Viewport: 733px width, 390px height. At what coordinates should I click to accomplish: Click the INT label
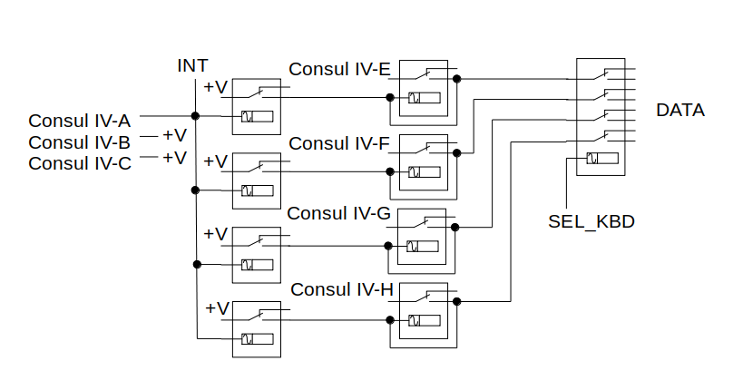point(192,65)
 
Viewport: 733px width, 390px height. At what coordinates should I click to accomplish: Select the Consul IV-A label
point(80,121)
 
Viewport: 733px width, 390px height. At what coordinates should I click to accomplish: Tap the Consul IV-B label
point(80,142)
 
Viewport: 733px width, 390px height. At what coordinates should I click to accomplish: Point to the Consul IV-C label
point(80,163)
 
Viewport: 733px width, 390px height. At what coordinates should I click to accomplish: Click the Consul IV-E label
point(340,69)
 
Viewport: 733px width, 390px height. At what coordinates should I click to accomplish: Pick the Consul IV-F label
point(340,143)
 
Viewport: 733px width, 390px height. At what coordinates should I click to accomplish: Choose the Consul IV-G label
point(339,214)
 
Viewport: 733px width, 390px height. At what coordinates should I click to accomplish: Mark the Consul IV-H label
point(343,289)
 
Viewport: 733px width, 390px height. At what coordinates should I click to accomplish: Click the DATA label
point(680,111)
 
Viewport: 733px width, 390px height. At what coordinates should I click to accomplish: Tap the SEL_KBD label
point(591,220)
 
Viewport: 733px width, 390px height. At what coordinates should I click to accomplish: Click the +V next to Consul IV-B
point(174,135)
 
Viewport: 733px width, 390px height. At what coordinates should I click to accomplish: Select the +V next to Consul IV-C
point(174,157)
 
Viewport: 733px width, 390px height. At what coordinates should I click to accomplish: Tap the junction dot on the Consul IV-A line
point(195,115)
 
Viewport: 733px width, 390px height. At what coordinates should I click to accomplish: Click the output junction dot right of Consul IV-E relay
point(457,79)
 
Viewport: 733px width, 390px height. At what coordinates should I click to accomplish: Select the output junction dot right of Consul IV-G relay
point(457,227)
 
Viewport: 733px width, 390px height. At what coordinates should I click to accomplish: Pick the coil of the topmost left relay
point(256,116)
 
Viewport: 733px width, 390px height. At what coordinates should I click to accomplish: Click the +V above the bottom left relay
point(217,308)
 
